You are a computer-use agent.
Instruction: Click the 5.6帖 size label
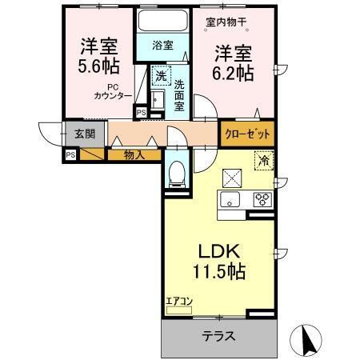(96, 66)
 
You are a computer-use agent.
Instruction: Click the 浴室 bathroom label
(162, 46)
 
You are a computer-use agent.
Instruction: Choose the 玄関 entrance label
(84, 134)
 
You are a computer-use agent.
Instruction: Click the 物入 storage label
(134, 154)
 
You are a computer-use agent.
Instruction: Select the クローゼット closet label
(247, 134)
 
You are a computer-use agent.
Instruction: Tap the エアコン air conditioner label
(179, 302)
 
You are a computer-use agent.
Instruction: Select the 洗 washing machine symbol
(161, 77)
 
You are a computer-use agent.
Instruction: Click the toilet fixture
(178, 171)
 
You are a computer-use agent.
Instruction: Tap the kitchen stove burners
(262, 201)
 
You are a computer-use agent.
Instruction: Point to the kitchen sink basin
(230, 201)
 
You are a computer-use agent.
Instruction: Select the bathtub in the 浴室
(162, 22)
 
